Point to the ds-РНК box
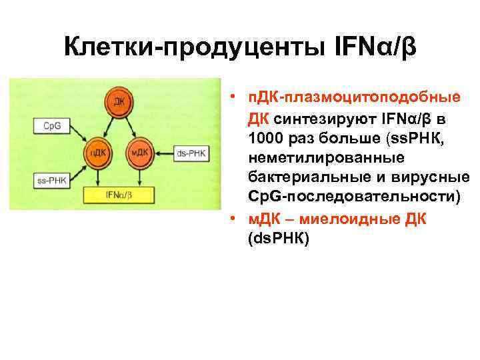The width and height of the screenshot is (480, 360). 191,154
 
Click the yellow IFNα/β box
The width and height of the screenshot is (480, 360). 119,195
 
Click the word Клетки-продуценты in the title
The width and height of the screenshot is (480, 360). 189,49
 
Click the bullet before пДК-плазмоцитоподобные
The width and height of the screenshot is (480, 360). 231,99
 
